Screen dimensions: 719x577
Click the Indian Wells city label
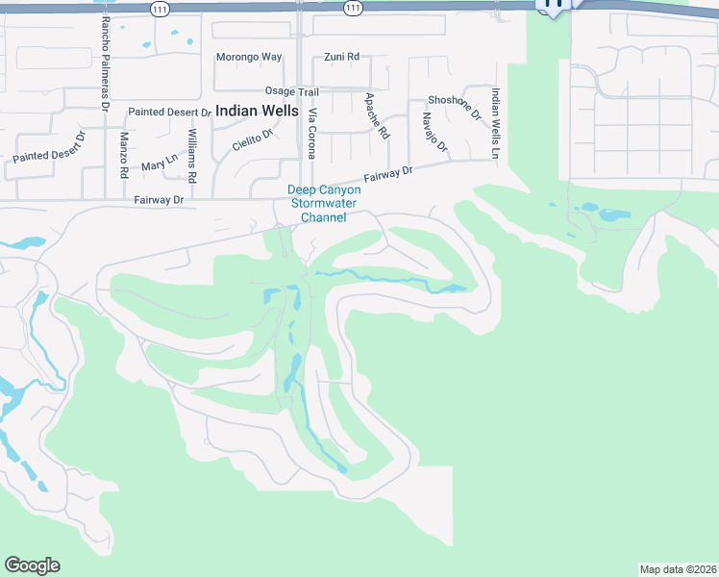tap(257, 111)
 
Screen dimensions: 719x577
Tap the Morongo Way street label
tap(250, 57)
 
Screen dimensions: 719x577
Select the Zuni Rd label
tap(341, 57)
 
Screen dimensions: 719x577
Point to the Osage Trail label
tap(291, 91)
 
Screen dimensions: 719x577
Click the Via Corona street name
tap(311, 134)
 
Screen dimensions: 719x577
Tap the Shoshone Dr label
tap(455, 107)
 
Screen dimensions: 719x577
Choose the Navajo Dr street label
tap(434, 133)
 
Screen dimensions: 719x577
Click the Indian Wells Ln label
tap(496, 123)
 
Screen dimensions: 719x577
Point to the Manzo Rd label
tap(124, 156)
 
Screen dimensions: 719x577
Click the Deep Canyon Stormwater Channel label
tap(324, 203)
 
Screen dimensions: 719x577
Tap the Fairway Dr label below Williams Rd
tap(159, 200)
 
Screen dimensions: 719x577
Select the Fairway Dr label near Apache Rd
tap(387, 175)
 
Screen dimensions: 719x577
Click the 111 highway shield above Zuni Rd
tap(353, 7)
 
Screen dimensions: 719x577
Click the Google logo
tap(32, 565)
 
